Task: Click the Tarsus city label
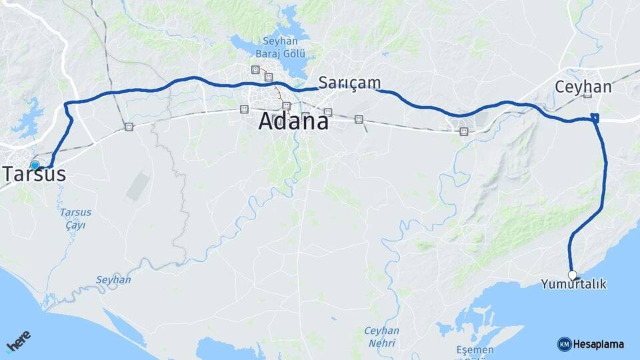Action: (35, 175)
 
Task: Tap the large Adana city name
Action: (293, 122)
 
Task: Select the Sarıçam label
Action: (349, 83)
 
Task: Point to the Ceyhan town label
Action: (583, 87)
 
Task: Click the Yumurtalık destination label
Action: (573, 285)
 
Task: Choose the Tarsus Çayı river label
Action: (75, 219)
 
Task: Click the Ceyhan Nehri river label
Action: (381, 337)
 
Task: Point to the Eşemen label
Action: (475, 350)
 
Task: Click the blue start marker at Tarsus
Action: (35, 165)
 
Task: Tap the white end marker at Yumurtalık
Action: (572, 275)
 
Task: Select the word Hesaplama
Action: (599, 345)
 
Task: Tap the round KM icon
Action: (564, 344)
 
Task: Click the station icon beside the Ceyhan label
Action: (587, 95)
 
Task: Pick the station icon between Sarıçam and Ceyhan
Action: (463, 131)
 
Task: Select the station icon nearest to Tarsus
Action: (128, 126)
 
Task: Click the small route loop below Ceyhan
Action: (595, 118)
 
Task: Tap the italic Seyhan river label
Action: (113, 280)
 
